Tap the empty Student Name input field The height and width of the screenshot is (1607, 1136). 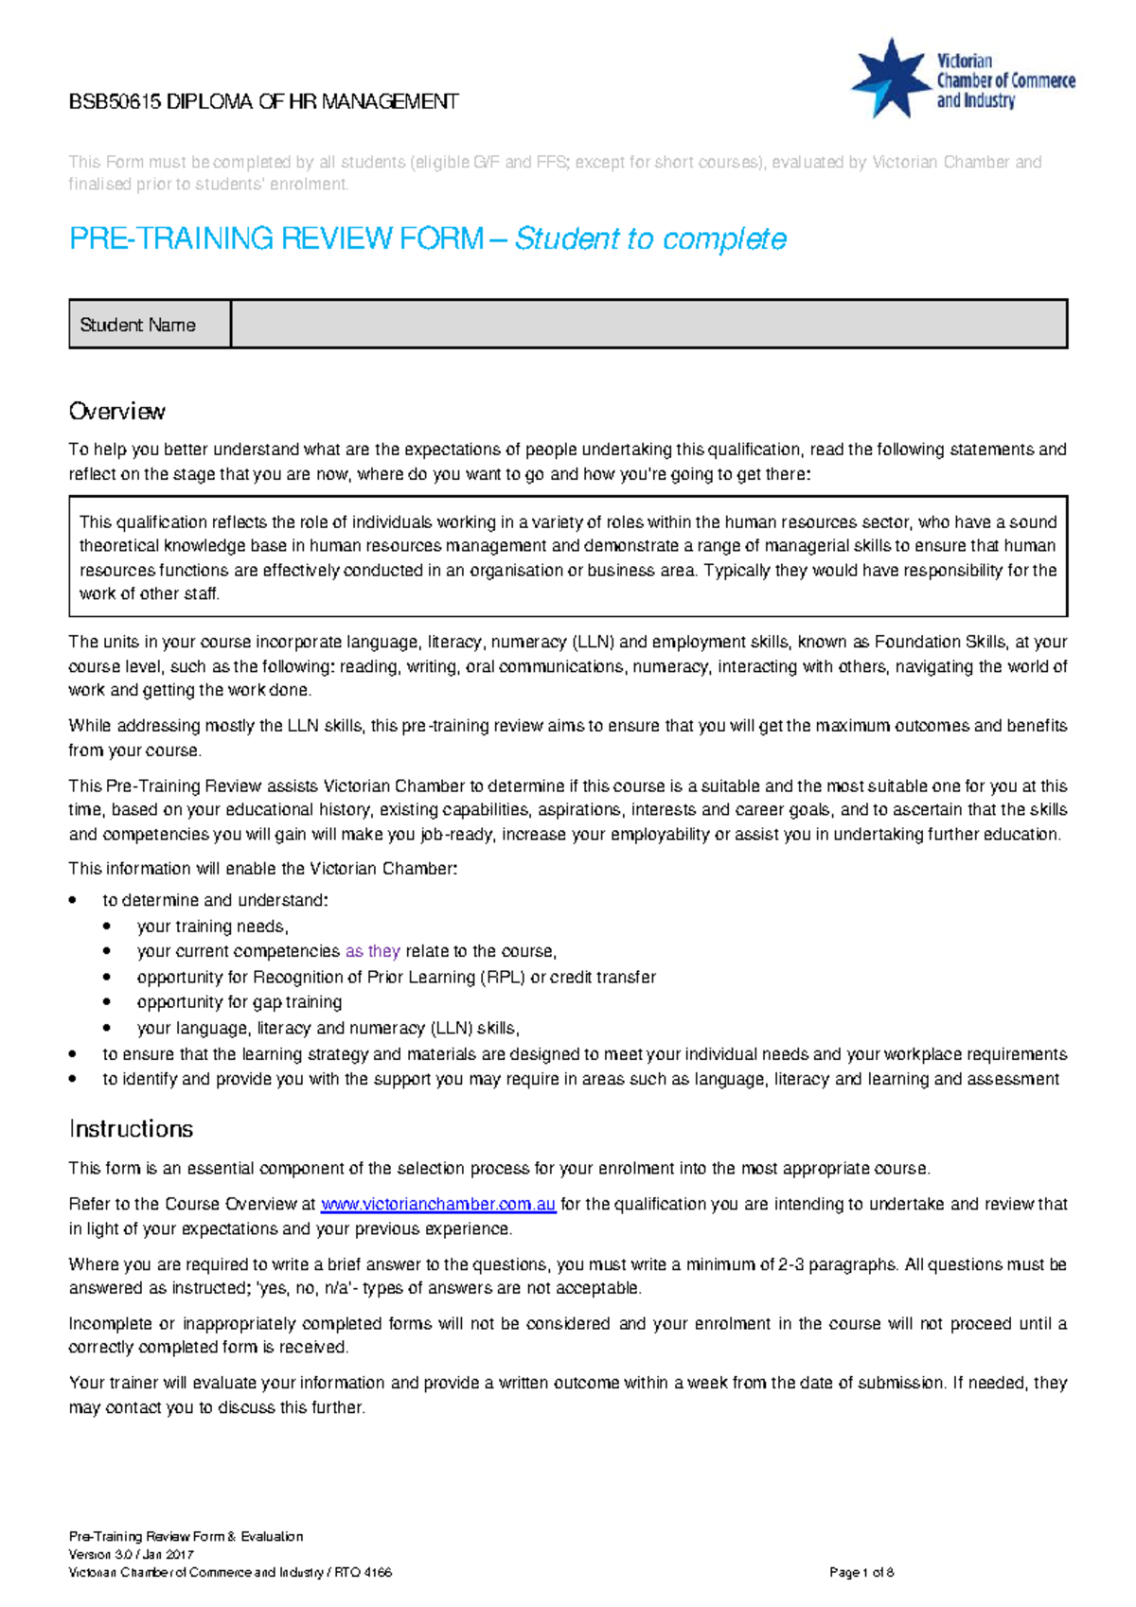coord(648,325)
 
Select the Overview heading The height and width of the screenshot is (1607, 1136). coord(117,412)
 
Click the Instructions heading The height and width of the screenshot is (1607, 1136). coord(131,1129)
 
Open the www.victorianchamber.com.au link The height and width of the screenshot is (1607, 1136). coord(438,1205)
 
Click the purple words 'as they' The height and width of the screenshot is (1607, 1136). coord(373,951)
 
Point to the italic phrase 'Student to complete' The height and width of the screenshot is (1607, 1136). coord(650,238)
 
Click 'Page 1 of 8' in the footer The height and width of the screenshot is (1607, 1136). coord(861,1573)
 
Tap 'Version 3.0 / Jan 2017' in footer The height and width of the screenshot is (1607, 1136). coord(132,1555)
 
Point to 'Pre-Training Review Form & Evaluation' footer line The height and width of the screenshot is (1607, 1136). coord(186,1537)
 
